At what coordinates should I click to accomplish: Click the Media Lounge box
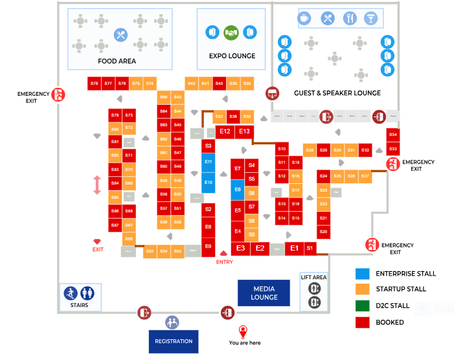tap(264, 293)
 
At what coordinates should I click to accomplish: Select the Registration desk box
tap(174, 341)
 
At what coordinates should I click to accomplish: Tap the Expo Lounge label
tap(232, 56)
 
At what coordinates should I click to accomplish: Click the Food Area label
tap(117, 62)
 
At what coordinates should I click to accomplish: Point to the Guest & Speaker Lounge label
tap(337, 93)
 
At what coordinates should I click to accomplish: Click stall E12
tap(225, 131)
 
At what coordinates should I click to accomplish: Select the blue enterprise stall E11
tap(208, 161)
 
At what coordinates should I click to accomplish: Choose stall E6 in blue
tap(238, 190)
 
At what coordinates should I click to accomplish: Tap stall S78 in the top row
tap(95, 84)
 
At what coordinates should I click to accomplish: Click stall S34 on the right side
tap(392, 135)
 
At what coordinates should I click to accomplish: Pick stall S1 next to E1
tap(310, 248)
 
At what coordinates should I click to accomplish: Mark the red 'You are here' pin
tap(243, 331)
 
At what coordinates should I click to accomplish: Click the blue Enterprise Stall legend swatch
tap(362, 273)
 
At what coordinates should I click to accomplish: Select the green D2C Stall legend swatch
tap(362, 306)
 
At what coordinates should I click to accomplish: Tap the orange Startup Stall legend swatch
tap(362, 289)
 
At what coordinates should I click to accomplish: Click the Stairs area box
tap(80, 297)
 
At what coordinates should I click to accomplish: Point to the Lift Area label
tap(314, 277)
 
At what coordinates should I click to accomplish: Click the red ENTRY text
tap(224, 262)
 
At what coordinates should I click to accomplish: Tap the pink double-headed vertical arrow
tap(97, 185)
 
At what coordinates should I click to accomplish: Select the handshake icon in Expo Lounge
tap(231, 32)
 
